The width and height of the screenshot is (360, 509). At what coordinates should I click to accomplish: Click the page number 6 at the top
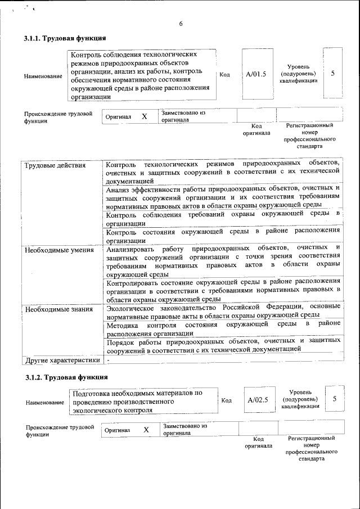click(x=181, y=24)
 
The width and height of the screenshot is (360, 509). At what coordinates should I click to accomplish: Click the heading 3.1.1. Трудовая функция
click(x=64, y=39)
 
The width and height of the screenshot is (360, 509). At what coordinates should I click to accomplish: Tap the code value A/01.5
click(x=256, y=74)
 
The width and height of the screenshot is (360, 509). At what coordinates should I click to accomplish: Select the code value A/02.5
click(x=258, y=400)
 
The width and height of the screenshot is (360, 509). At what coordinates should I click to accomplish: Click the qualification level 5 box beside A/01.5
click(x=333, y=73)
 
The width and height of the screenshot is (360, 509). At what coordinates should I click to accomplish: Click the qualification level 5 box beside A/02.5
click(x=335, y=399)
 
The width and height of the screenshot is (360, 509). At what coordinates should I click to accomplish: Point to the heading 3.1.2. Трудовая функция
click(x=66, y=376)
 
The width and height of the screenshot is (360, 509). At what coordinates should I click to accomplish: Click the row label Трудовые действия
click(x=55, y=165)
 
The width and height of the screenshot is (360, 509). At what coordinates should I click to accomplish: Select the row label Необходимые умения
click(x=58, y=249)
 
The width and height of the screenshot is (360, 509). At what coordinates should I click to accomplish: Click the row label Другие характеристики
click(x=62, y=360)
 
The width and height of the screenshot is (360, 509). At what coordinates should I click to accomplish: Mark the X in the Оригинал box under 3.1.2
click(x=146, y=430)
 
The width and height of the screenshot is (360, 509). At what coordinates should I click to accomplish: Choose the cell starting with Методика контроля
click(x=223, y=328)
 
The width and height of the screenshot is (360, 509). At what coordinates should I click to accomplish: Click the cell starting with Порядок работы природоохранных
click(x=223, y=344)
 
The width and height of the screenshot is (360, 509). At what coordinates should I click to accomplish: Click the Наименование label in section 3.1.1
click(x=43, y=76)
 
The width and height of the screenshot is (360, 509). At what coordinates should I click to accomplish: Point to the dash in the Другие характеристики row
click(x=108, y=360)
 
